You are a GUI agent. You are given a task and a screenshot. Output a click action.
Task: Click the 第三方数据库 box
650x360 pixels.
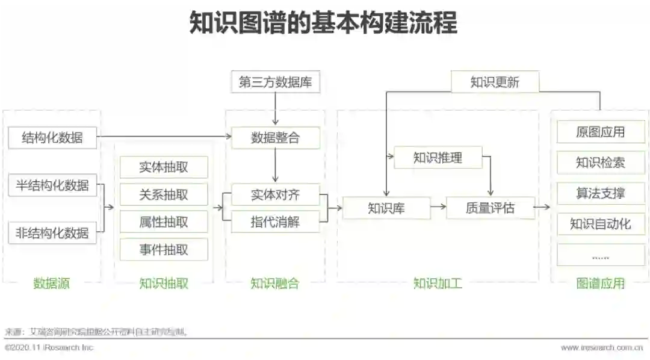(275, 82)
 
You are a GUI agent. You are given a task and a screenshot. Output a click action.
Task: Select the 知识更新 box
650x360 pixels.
(495, 82)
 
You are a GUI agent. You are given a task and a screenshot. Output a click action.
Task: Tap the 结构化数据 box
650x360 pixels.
(52, 138)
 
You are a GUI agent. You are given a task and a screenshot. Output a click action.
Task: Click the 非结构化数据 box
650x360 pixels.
(52, 232)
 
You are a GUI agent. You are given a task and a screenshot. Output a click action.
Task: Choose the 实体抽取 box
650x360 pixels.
(164, 167)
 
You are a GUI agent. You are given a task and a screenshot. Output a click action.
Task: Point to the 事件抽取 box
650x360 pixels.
(164, 249)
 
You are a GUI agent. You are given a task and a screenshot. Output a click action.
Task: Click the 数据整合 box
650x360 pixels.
(275, 138)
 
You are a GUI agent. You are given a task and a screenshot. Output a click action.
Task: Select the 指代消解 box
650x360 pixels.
(275, 222)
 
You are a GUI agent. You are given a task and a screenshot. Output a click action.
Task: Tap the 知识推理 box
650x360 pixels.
(438, 158)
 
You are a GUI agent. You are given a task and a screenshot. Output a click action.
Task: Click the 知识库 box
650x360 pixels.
(386, 208)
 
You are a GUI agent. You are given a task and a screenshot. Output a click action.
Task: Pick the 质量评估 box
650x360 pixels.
(490, 208)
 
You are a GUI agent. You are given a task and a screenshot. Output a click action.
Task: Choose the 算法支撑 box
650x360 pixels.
(600, 193)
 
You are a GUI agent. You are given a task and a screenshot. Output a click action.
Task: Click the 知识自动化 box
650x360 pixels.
(600, 224)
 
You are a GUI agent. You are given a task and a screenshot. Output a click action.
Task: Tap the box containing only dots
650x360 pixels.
(600, 255)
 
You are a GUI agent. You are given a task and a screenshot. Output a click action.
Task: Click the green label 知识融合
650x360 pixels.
(275, 283)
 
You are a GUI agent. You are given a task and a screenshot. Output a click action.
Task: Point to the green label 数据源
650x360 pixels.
(52, 283)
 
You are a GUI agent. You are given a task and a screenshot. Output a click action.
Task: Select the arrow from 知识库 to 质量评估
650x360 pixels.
(438, 208)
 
